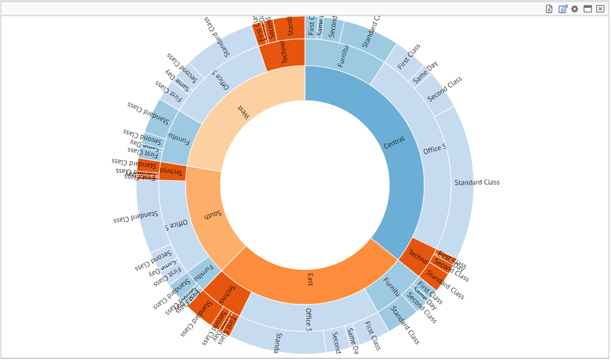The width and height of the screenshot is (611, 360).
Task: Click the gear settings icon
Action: click(x=575, y=9)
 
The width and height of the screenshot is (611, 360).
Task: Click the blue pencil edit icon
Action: click(x=563, y=9)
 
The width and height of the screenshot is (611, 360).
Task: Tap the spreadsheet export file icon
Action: click(x=550, y=9)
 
